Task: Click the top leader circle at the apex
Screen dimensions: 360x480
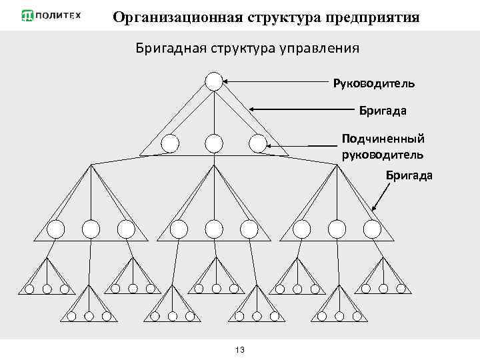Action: click(x=213, y=81)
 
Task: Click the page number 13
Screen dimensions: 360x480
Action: click(x=241, y=351)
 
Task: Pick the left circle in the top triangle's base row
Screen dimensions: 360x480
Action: click(x=170, y=143)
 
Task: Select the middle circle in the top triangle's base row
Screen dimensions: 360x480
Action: click(x=213, y=143)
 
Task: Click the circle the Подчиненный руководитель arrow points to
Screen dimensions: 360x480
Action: click(x=256, y=143)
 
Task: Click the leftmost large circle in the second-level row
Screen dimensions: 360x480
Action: click(x=55, y=229)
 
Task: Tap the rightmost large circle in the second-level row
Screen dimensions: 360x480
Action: click(x=372, y=229)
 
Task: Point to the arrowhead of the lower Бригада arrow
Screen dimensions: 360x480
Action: click(x=374, y=208)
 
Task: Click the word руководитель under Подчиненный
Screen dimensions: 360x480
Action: click(x=382, y=155)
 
